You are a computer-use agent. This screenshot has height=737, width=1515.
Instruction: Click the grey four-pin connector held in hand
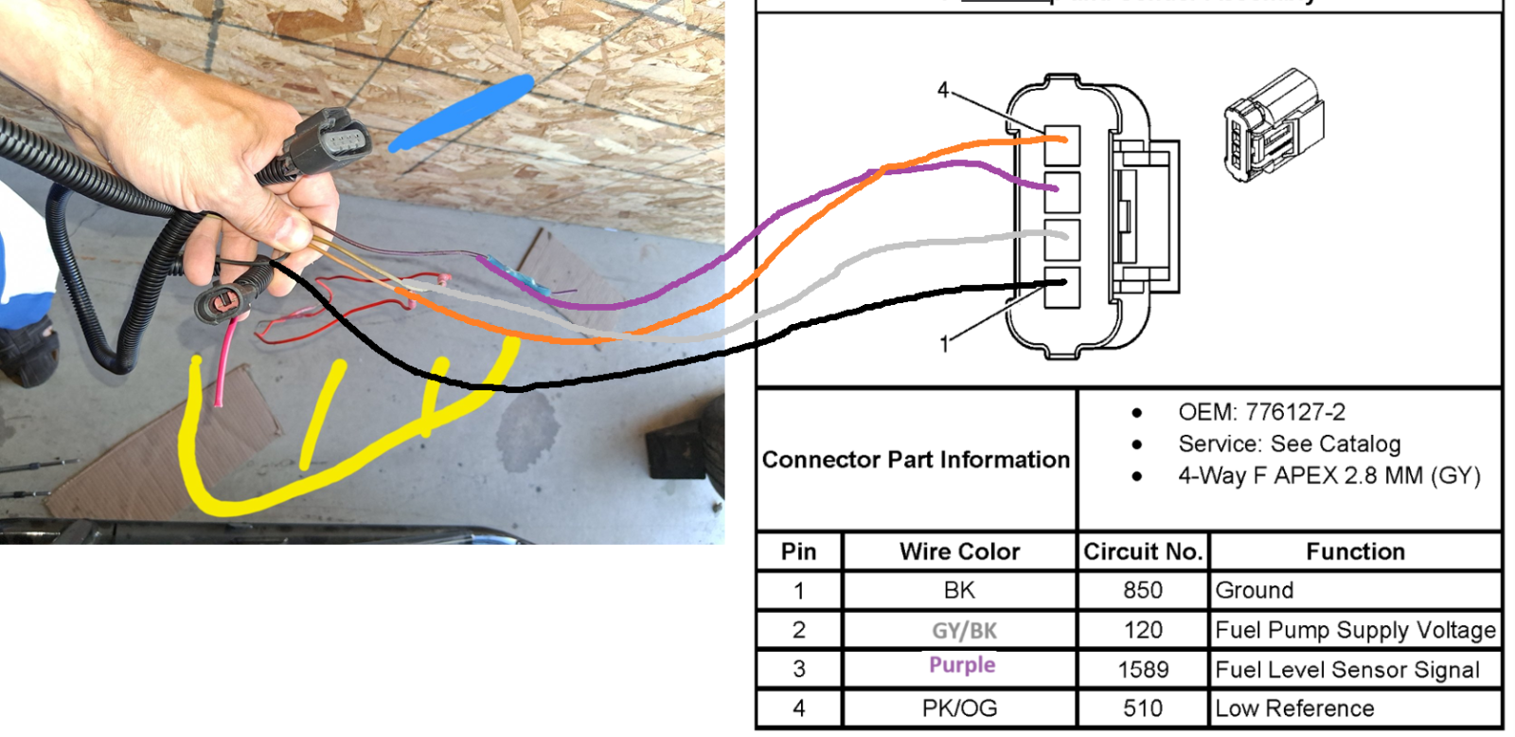[328, 142]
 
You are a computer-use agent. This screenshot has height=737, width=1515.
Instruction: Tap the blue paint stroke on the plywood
[461, 113]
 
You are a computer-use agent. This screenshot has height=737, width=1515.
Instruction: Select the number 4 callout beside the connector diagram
[943, 89]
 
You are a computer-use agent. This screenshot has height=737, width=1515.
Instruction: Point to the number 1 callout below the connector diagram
[945, 345]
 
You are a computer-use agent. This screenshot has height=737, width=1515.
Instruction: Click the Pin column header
[799, 551]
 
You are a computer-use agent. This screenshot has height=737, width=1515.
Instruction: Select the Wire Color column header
[960, 551]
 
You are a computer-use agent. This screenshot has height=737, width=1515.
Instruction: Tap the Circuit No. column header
[1143, 551]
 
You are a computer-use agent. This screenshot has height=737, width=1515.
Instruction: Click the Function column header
[1355, 551]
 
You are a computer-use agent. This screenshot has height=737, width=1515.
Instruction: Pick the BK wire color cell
[960, 590]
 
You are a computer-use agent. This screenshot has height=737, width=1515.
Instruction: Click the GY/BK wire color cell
[964, 631]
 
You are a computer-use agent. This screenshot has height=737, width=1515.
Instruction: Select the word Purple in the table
[962, 665]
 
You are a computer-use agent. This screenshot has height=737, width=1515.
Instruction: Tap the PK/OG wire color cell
[960, 708]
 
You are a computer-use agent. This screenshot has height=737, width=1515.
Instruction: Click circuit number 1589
[1143, 670]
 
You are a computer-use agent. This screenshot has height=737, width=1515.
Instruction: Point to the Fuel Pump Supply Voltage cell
[1355, 631]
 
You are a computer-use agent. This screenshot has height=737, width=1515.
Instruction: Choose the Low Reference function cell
[1294, 708]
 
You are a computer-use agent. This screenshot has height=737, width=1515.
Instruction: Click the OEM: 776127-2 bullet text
[1261, 411]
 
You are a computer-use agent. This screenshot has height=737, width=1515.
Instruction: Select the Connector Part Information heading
[916, 459]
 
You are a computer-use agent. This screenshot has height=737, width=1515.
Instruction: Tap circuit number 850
[1143, 590]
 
